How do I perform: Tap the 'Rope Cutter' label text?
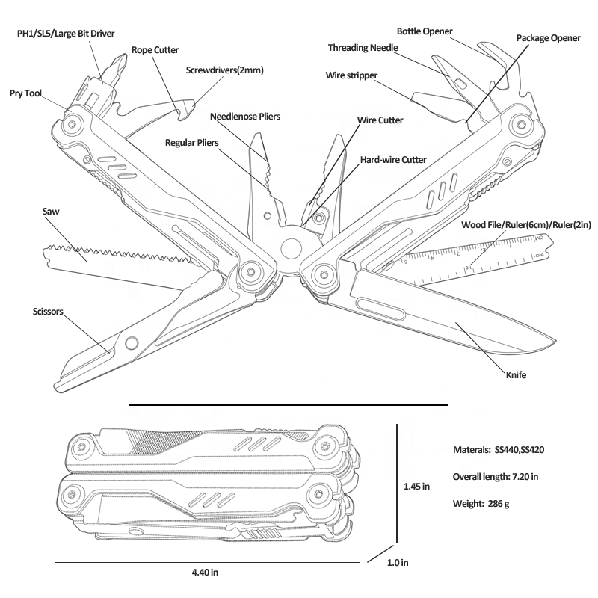[155, 50]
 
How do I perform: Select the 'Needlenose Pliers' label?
[241, 117]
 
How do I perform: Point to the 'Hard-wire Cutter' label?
[393, 160]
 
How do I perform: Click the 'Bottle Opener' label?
[425, 31]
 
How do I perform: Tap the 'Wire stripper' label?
[351, 75]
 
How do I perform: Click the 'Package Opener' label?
[548, 37]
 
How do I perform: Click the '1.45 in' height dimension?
[416, 486]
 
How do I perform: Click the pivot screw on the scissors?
[132, 342]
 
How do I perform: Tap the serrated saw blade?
[112, 254]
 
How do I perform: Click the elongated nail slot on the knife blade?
[381, 306]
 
